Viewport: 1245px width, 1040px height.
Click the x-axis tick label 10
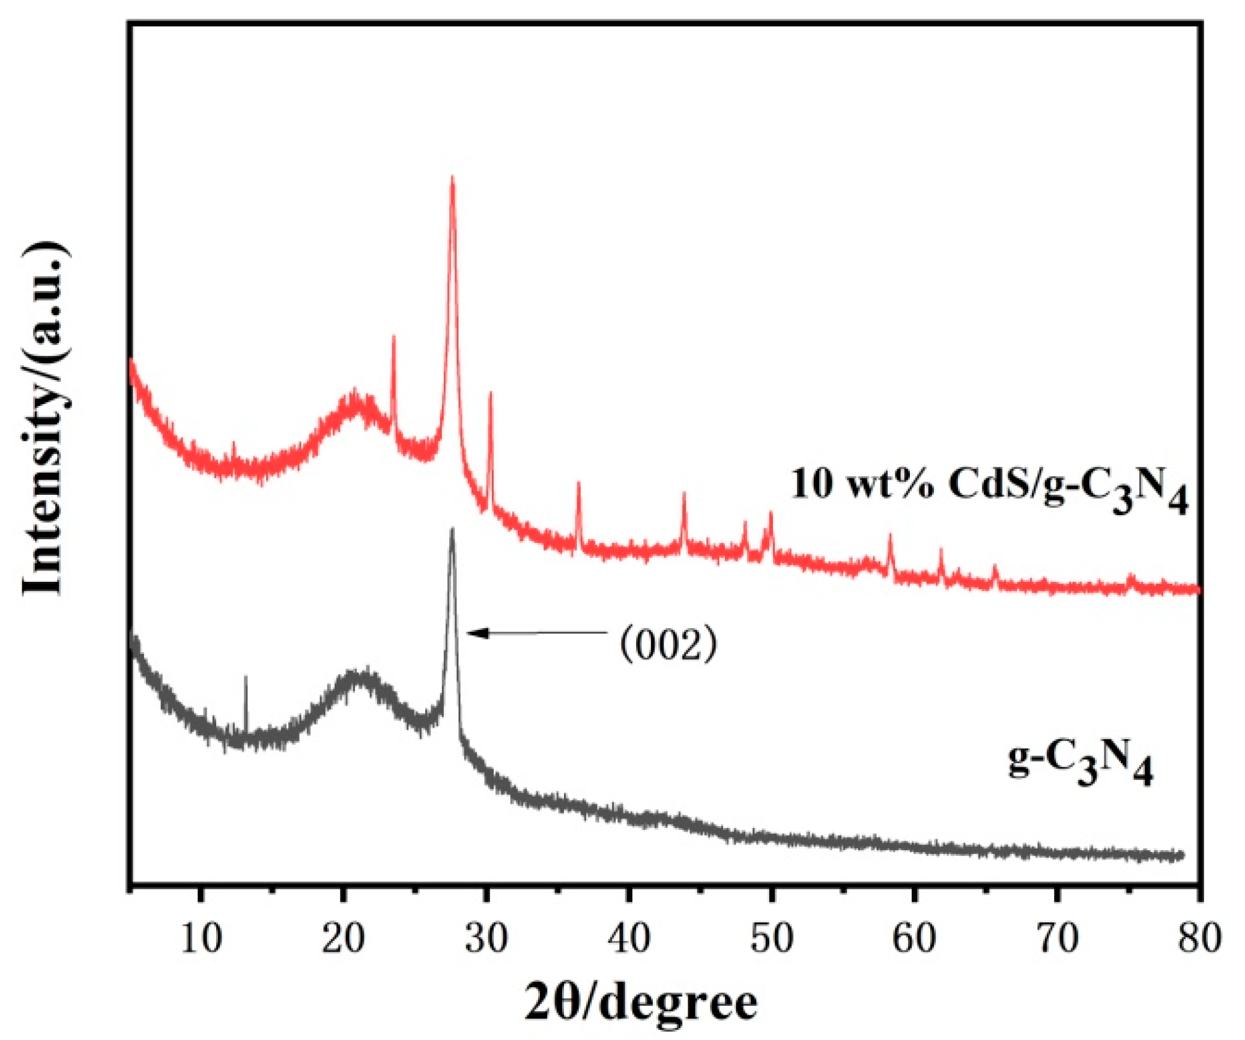pos(201,939)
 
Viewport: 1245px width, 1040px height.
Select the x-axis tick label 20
pos(344,939)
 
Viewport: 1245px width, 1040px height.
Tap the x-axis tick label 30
pos(486,939)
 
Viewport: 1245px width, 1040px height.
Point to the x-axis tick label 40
pos(629,939)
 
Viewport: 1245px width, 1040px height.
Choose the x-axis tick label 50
pos(772,939)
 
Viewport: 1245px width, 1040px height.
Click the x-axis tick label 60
pos(914,939)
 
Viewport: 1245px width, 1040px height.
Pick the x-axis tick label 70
pos(1057,939)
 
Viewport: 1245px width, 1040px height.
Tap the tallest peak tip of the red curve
pos(452,177)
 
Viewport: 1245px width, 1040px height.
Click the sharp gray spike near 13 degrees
pos(246,677)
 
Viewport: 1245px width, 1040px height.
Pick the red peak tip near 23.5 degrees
pos(393,337)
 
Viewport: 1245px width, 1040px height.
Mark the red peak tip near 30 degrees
pos(490,393)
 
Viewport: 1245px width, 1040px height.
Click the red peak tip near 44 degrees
pos(683,494)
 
